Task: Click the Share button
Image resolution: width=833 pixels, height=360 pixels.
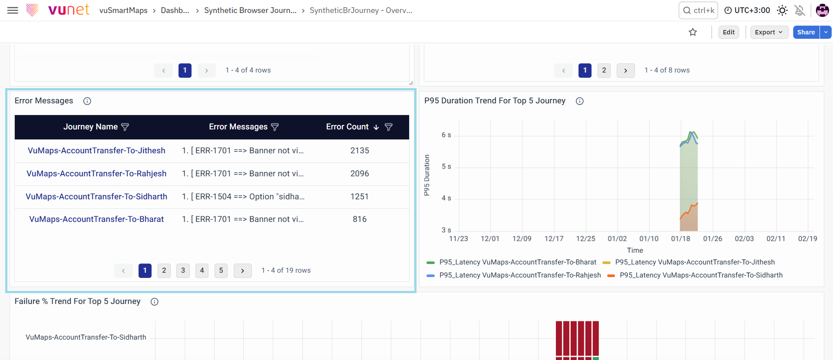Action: coord(806,32)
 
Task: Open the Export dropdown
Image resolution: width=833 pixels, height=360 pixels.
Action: coord(769,32)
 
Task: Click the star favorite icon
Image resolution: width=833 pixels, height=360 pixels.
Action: coord(693,32)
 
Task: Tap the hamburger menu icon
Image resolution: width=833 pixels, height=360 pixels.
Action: coord(13,10)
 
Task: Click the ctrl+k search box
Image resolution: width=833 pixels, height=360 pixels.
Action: coord(698,10)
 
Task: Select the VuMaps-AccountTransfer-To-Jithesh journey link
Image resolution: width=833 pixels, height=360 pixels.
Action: coord(96,151)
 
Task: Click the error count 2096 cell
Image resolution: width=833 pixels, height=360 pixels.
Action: coord(360,174)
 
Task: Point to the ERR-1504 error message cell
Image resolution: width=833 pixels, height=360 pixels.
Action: coord(243,197)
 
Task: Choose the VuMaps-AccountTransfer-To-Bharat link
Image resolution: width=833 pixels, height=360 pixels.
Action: coord(96,219)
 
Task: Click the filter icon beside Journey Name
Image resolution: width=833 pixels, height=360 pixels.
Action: coord(125,127)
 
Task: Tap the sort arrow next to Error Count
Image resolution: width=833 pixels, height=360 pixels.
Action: coord(376,127)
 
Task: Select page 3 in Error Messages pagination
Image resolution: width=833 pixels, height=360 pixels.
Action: coord(183,271)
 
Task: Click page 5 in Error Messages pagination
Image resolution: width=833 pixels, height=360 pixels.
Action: coord(221,271)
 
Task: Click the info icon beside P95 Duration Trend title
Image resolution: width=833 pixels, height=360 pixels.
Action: coord(579,101)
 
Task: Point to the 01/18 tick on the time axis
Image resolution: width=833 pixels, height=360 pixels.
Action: coord(681,238)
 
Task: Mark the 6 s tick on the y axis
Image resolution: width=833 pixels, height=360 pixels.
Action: coord(446,135)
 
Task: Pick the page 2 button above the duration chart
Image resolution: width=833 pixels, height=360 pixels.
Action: coord(604,70)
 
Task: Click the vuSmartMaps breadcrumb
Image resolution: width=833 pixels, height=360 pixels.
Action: coord(123,10)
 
